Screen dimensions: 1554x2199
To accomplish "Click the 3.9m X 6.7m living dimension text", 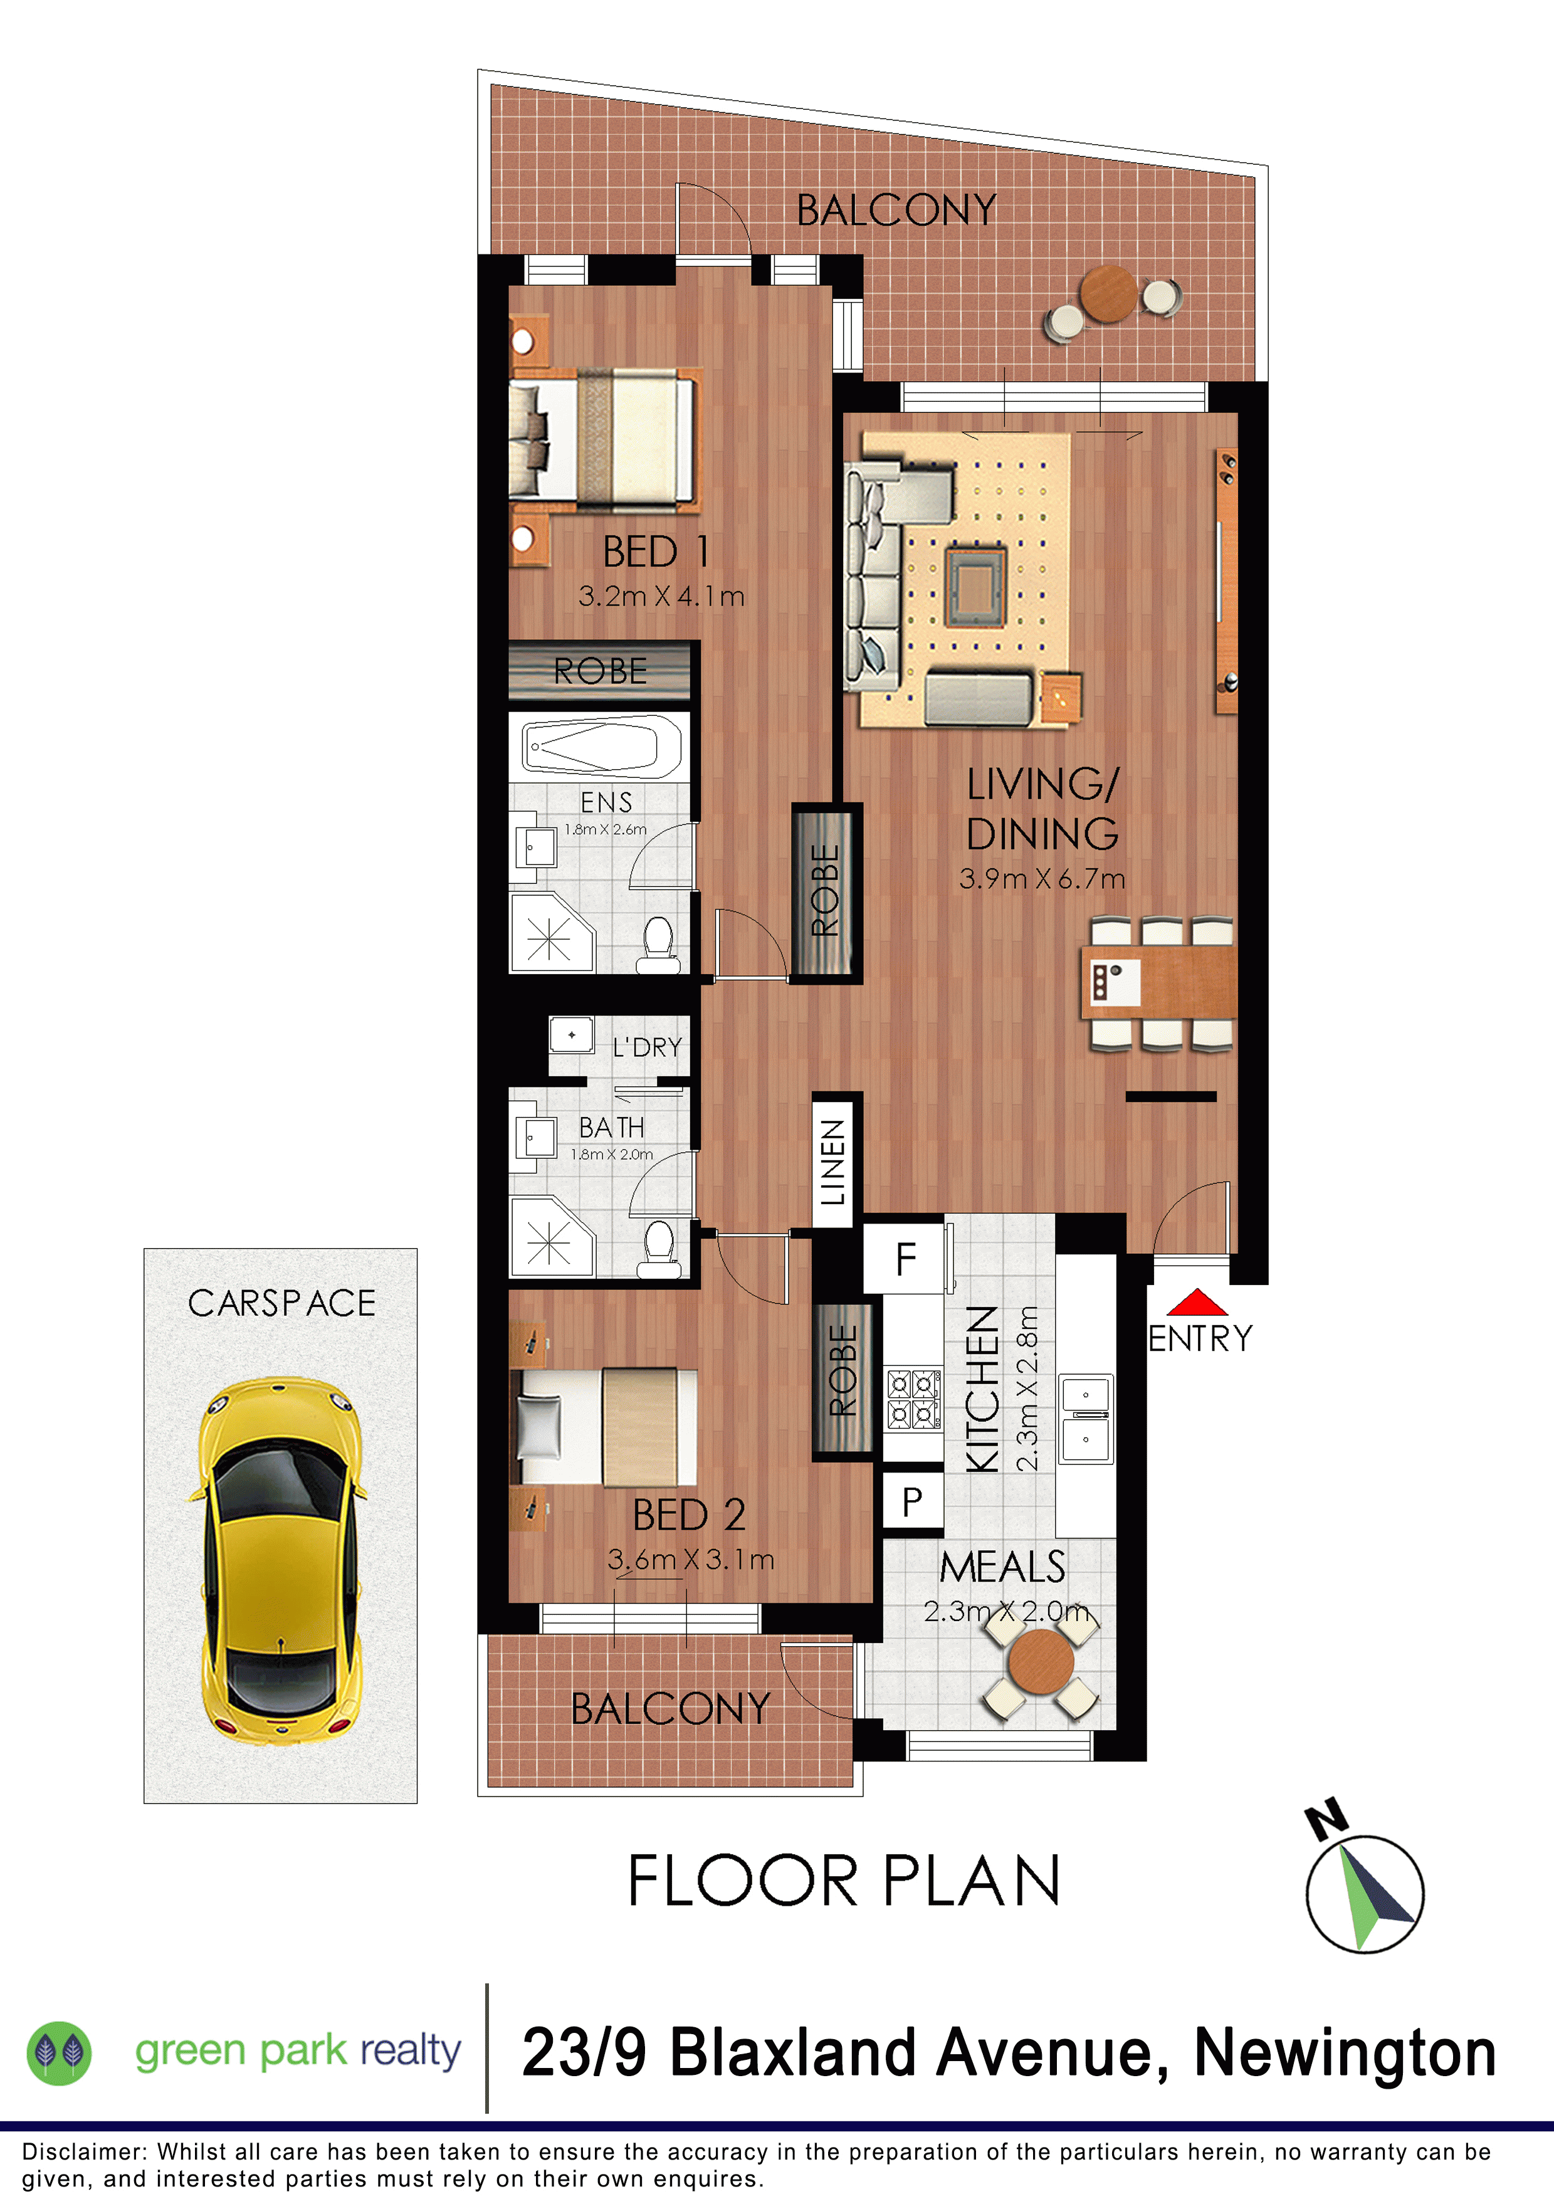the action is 1042,878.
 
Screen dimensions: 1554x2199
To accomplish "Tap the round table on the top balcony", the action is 1110,294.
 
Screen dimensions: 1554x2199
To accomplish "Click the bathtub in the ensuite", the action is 601,746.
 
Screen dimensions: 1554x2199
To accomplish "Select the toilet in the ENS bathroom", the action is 659,944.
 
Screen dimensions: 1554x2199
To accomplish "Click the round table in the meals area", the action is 1041,1661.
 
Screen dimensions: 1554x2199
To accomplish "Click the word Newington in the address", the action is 1345,2054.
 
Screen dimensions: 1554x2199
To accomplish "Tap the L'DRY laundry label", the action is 648,1047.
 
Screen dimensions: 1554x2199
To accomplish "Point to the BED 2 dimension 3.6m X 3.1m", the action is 690,1559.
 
